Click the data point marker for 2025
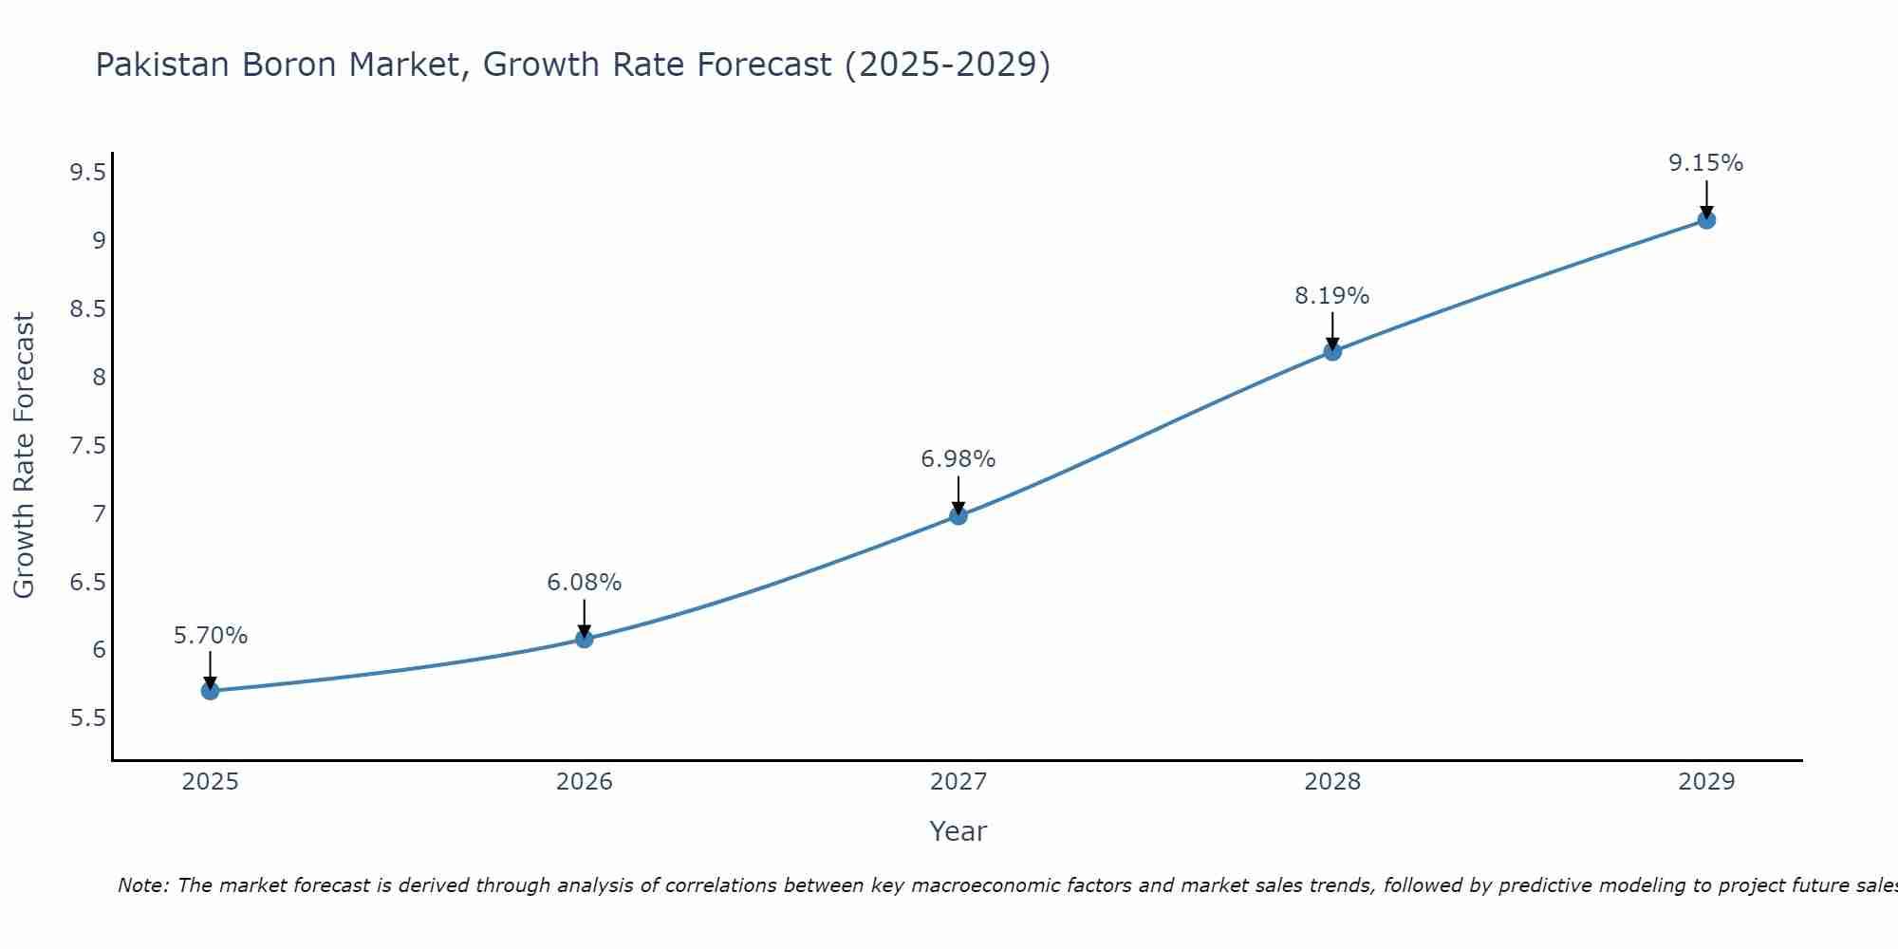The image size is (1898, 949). [x=211, y=691]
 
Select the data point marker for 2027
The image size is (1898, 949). [x=958, y=516]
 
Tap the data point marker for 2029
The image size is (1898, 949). [x=1706, y=220]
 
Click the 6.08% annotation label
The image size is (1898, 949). [x=584, y=583]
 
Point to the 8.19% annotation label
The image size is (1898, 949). [x=1331, y=296]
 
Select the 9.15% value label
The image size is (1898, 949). [x=1705, y=163]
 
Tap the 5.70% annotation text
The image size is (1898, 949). [x=211, y=636]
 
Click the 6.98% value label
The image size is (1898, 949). [x=958, y=459]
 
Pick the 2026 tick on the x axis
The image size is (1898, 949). [x=584, y=782]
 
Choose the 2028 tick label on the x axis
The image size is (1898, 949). [x=1331, y=782]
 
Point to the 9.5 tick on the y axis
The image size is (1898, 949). [x=87, y=173]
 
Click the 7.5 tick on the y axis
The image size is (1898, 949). [x=87, y=446]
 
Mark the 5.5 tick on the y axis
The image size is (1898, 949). [x=87, y=718]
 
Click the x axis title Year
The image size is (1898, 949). [x=958, y=831]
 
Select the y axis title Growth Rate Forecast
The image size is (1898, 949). [x=24, y=456]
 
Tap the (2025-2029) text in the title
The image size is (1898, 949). [x=946, y=65]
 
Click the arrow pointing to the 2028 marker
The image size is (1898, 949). [x=1332, y=331]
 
